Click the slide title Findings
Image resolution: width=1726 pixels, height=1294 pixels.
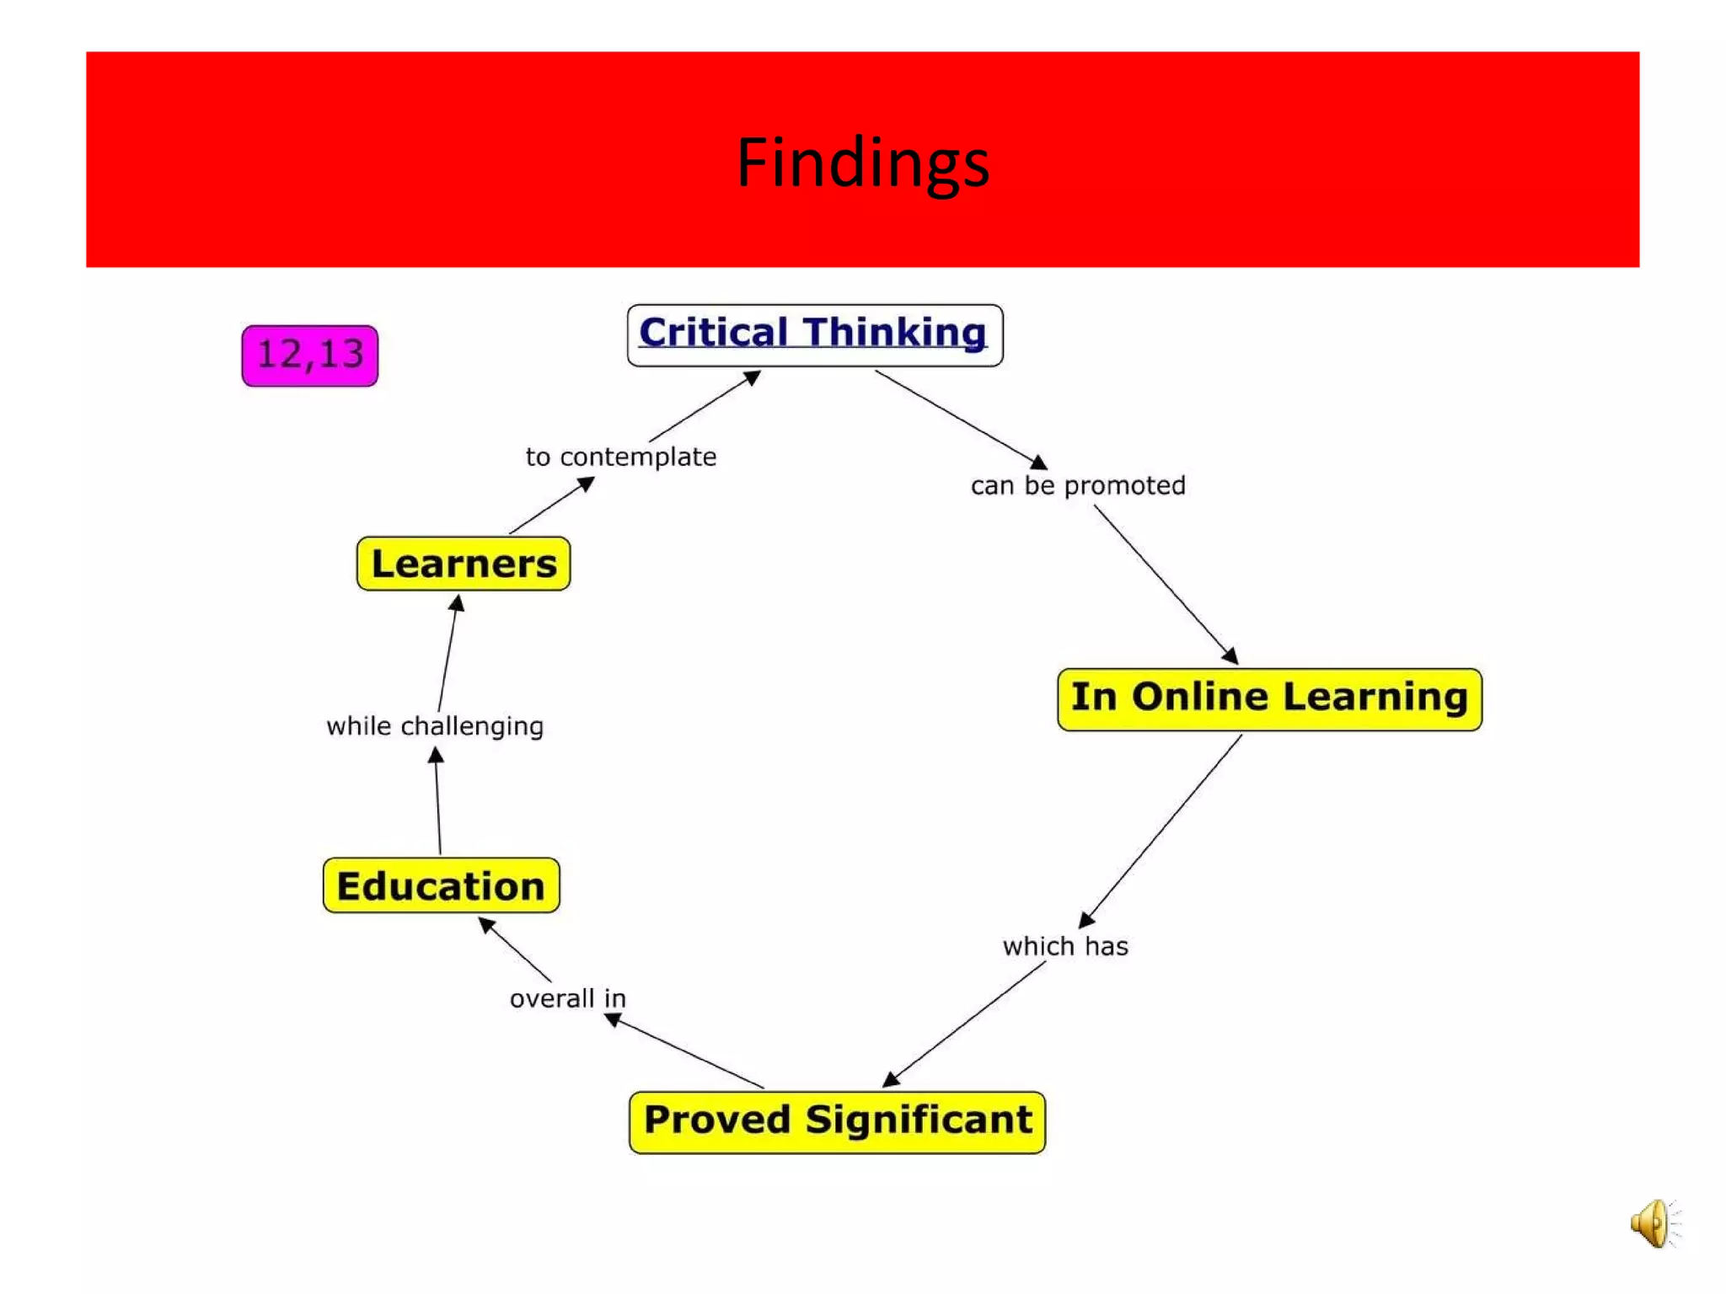(x=862, y=162)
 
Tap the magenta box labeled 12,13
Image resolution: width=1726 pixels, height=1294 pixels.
(x=309, y=356)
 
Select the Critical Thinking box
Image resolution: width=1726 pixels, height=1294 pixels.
(x=814, y=335)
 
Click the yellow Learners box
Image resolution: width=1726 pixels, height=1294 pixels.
(x=464, y=564)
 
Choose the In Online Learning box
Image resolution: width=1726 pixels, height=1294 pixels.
(x=1269, y=699)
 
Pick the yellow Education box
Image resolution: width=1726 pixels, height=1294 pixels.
(x=441, y=885)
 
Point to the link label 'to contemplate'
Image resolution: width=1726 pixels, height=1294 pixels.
(x=621, y=457)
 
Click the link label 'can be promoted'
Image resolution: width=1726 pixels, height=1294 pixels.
(x=1078, y=485)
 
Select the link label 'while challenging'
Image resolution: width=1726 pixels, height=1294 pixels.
(x=435, y=726)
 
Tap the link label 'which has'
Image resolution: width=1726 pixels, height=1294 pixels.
(x=1065, y=946)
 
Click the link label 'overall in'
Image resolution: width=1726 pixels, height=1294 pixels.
(x=568, y=998)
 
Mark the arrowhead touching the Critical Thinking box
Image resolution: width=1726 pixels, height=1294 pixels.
(x=752, y=377)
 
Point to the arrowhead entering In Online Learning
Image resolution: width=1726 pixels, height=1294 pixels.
(x=1230, y=655)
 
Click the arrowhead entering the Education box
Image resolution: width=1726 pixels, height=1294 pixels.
(x=486, y=924)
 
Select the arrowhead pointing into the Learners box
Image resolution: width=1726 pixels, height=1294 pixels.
(x=457, y=603)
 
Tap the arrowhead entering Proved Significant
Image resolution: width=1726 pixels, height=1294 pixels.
(x=891, y=1079)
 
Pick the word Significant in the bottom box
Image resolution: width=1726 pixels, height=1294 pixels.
(x=919, y=1120)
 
